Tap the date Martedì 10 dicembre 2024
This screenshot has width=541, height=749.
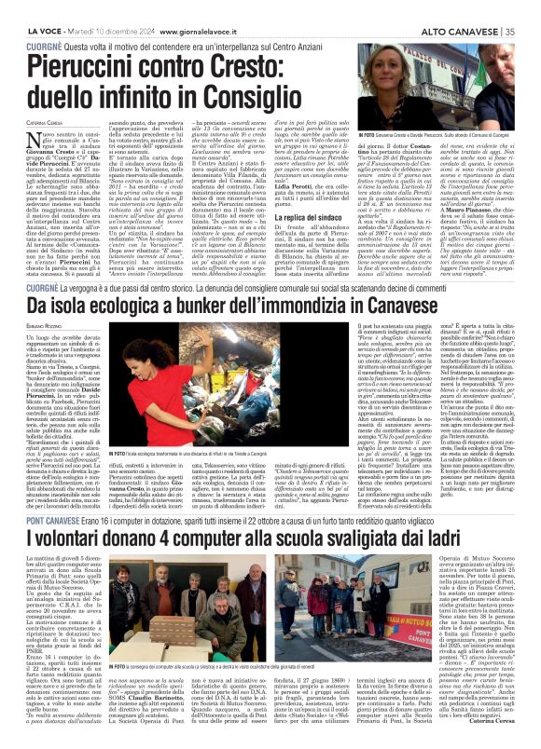click(x=96, y=7)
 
